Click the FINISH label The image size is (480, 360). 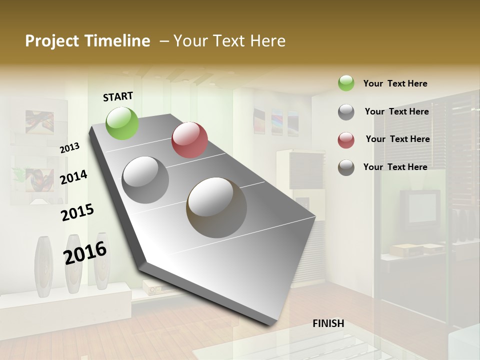328,323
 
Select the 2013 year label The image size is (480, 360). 69,148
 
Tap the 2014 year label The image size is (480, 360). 73,177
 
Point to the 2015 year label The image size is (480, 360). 77,212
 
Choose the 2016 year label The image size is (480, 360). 85,252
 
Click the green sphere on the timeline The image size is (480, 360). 122,123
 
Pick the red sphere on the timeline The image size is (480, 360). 189,140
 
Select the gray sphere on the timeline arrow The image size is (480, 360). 145,179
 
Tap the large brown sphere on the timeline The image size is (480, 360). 216,207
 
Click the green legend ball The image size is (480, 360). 346,83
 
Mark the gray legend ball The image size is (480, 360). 346,111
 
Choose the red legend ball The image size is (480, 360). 346,139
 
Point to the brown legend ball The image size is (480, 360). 346,167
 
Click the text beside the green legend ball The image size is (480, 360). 395,83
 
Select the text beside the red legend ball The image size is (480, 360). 397,139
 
